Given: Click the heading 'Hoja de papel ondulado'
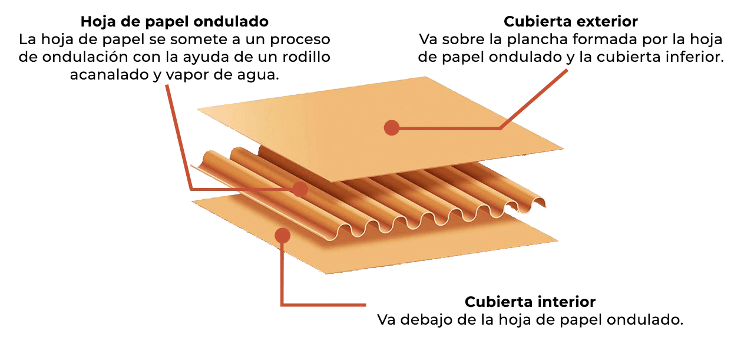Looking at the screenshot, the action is point(174,22).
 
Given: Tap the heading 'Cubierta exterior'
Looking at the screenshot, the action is point(571,22).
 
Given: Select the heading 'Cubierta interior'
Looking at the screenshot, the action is point(530,302).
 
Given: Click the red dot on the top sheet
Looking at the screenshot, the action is point(392,128).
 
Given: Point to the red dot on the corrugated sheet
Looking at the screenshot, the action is point(300,189).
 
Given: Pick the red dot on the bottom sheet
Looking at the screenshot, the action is point(282,235).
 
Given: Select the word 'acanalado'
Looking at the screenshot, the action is point(110,75).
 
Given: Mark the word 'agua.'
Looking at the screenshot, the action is point(258,75).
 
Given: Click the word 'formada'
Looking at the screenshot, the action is point(605,39).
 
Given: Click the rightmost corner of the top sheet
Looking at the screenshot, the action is point(563,148).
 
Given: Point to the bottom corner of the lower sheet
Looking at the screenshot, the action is point(326,273).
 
